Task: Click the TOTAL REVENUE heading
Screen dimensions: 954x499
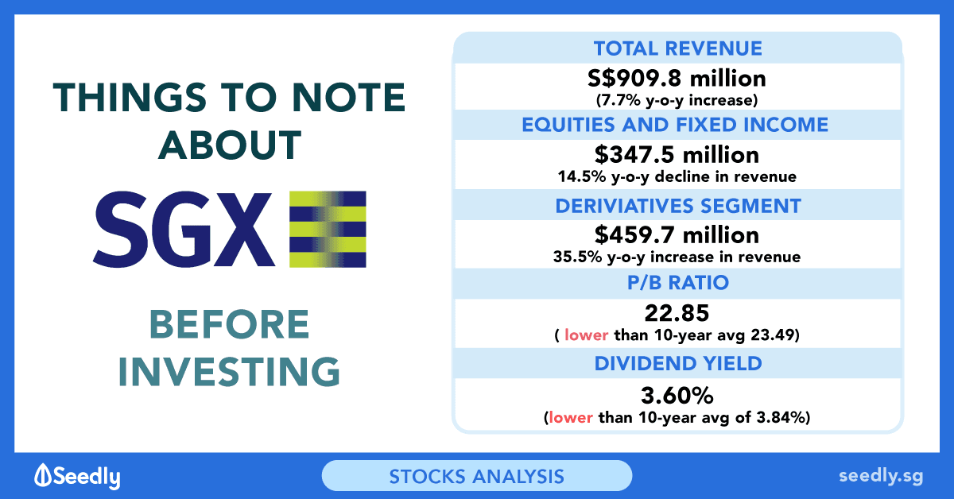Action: [677, 48]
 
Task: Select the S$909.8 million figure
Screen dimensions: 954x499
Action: [677, 79]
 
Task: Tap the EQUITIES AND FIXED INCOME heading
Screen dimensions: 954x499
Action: [675, 125]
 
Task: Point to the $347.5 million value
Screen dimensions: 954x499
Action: [677, 155]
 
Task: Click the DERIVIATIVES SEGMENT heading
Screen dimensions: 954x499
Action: [678, 206]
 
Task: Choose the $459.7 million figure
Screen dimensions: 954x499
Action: [677, 235]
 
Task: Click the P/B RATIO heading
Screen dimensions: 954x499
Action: [678, 283]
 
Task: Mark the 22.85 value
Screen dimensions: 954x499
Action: [677, 313]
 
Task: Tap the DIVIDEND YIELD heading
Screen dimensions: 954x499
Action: [678, 364]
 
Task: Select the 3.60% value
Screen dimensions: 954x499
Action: [677, 396]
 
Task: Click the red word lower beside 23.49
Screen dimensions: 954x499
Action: [586, 335]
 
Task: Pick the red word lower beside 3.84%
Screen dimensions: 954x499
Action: [571, 417]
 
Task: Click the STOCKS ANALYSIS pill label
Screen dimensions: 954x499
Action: [476, 477]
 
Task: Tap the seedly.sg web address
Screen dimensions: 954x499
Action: [881, 476]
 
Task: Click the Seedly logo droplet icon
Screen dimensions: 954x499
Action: [43, 474]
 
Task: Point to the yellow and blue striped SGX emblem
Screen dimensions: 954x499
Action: [328, 229]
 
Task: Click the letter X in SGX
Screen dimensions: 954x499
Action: [242, 230]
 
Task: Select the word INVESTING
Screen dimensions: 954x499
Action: [229, 372]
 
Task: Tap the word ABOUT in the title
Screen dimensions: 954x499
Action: [230, 145]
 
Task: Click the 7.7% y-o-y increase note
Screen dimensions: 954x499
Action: [677, 100]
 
